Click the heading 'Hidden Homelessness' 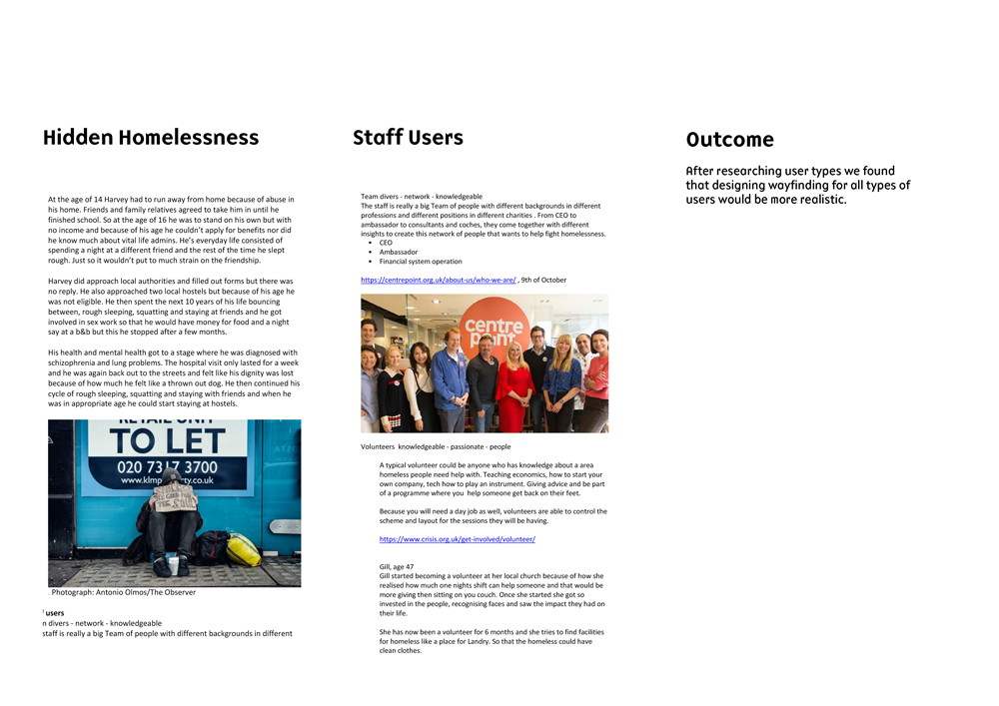[x=151, y=138]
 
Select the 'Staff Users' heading [x=408, y=138]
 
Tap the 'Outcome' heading [x=729, y=141]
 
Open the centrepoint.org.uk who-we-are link [x=439, y=281]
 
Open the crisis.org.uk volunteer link [x=457, y=539]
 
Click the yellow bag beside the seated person [x=244, y=549]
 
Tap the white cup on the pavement [x=173, y=566]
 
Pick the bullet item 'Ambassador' [x=399, y=252]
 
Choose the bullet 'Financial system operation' [x=420, y=262]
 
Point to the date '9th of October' [x=543, y=281]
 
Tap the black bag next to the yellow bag [x=212, y=547]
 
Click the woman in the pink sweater [x=596, y=384]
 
